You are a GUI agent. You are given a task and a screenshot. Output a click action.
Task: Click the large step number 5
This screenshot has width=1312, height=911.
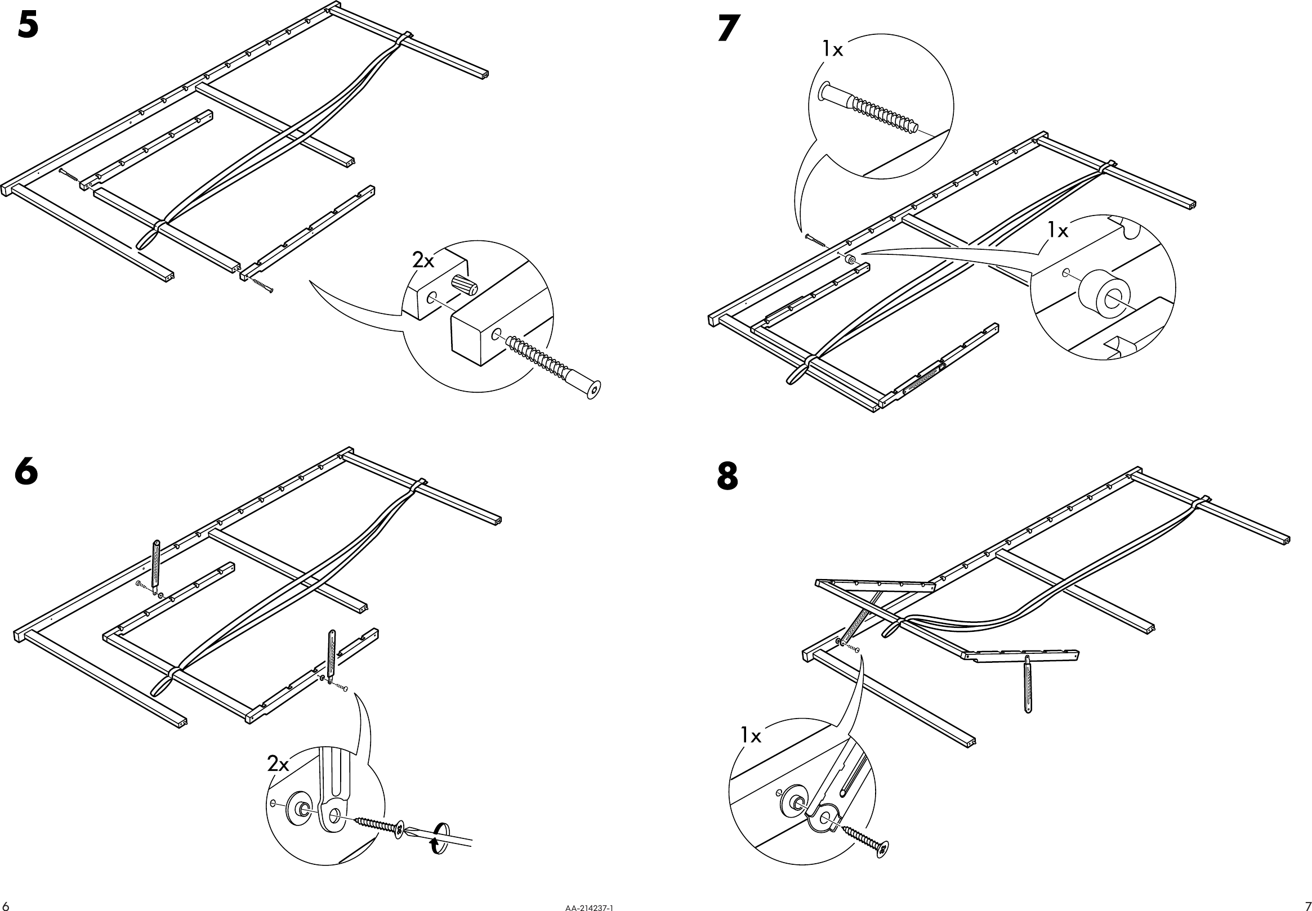tap(28, 26)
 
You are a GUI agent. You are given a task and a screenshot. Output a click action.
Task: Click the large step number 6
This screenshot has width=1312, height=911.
tap(26, 473)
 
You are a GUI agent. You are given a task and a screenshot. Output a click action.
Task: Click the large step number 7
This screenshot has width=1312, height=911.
tap(729, 29)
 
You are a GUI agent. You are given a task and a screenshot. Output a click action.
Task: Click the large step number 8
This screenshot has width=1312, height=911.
tap(727, 477)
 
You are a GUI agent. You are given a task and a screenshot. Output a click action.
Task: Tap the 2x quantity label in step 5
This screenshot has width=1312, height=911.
tap(423, 261)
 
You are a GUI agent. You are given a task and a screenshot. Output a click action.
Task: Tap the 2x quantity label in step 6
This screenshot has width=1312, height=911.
tap(278, 764)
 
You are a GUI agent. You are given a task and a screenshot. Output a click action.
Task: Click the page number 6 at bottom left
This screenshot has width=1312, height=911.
tap(5, 905)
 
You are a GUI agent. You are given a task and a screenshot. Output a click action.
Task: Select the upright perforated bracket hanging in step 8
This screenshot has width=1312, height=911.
tap(1028, 684)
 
